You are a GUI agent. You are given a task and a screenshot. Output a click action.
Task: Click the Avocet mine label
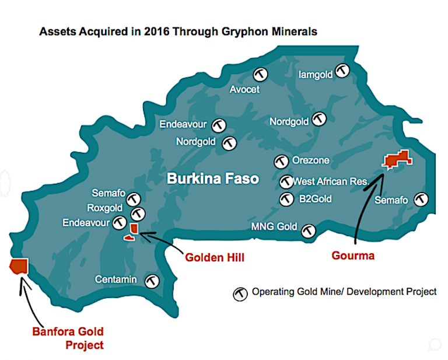244,90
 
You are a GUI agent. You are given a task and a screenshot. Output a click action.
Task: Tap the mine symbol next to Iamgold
342,71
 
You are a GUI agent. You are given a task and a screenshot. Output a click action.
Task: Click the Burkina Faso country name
213,179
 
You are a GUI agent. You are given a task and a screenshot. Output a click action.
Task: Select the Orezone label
311,160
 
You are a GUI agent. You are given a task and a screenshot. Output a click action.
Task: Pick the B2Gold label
315,199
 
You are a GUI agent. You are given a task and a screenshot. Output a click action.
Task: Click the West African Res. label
331,181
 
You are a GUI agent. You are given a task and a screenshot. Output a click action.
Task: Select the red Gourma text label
352,255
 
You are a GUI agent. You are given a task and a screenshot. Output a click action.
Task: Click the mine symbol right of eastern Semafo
421,200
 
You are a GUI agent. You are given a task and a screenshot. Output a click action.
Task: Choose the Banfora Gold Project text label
68,338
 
